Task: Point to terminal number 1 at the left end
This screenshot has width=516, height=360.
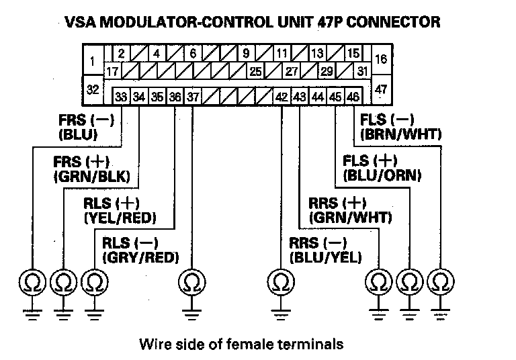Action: pos(91,62)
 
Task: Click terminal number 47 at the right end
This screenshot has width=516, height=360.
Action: pos(381,89)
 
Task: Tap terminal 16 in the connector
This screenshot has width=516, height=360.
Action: pos(381,59)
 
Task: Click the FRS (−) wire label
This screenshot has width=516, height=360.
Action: pos(87,121)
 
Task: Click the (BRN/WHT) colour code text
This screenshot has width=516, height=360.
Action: pos(400,135)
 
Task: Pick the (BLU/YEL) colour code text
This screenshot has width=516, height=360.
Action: pos(326,257)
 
